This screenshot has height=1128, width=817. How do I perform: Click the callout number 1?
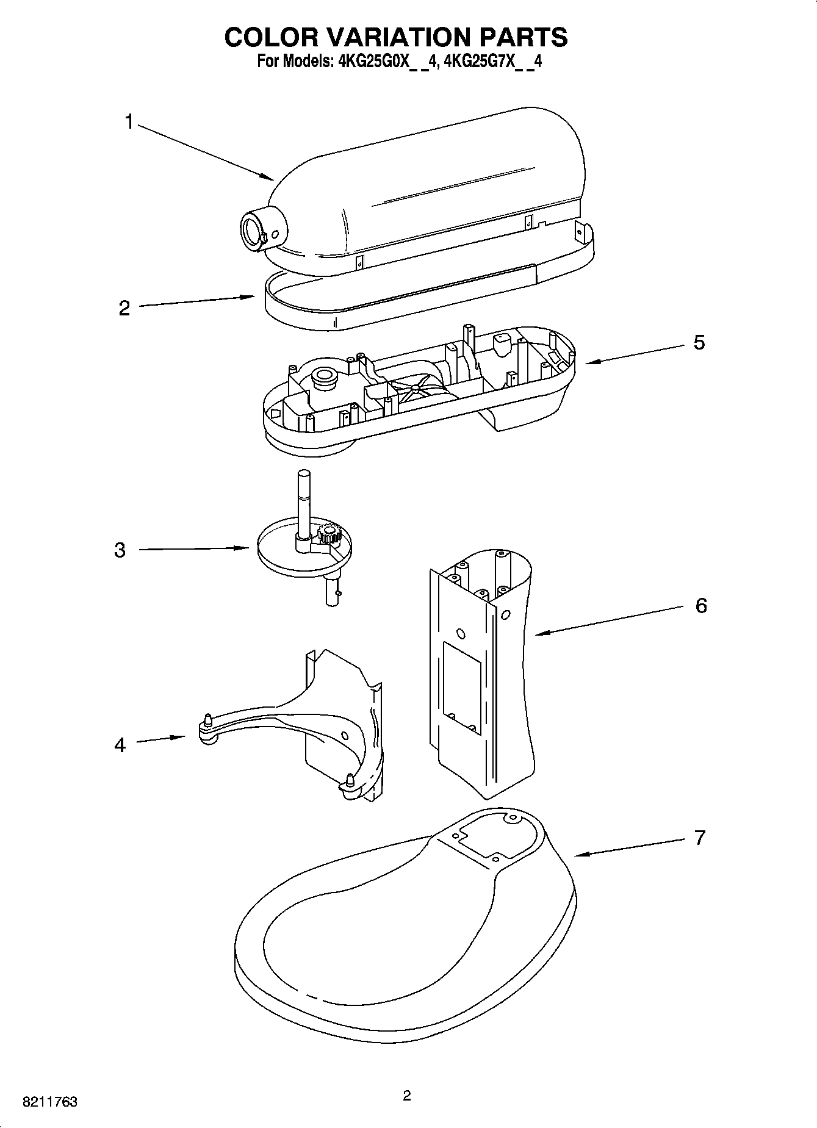tap(129, 122)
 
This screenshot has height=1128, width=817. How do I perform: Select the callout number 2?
tap(124, 308)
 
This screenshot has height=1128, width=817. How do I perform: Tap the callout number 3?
tap(120, 550)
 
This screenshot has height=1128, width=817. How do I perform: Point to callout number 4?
tap(120, 745)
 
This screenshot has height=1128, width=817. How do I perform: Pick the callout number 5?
tap(699, 342)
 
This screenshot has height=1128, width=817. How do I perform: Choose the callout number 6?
tap(701, 606)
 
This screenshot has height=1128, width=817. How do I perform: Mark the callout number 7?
tap(700, 837)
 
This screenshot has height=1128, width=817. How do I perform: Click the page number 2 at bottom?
tap(407, 1096)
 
